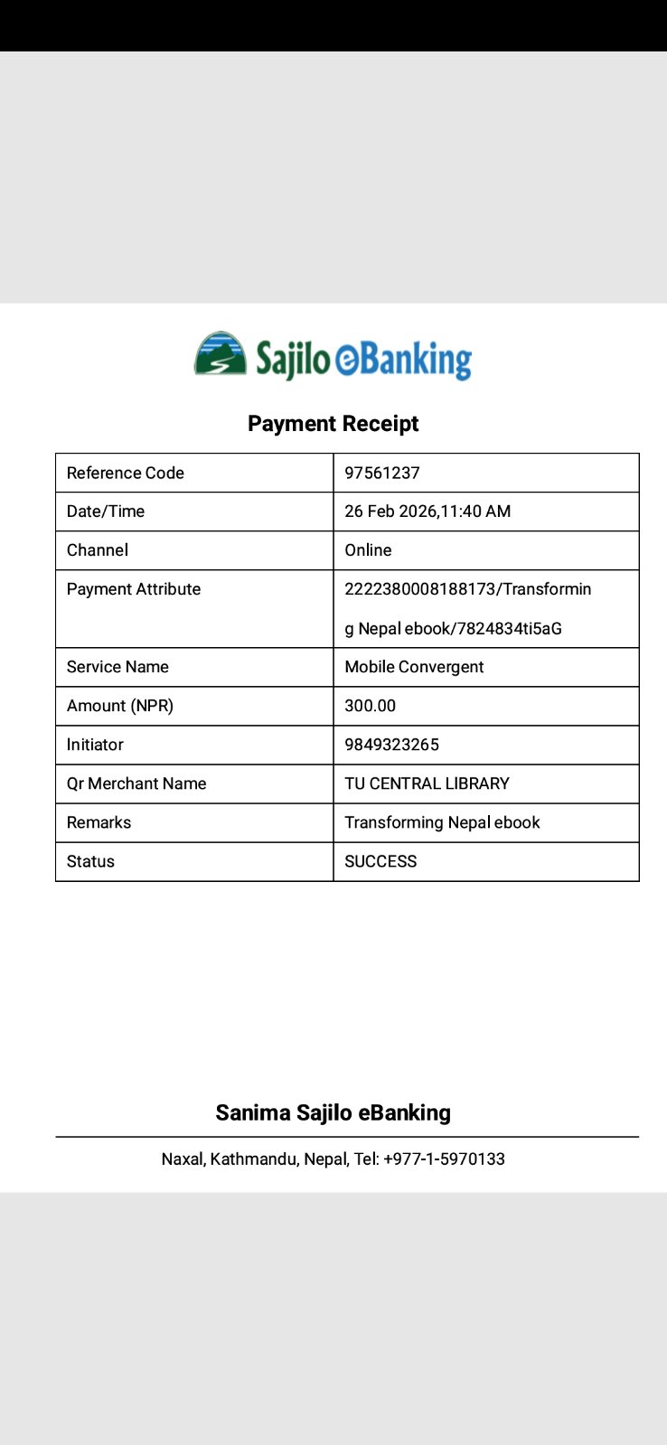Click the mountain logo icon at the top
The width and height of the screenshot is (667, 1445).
click(221, 353)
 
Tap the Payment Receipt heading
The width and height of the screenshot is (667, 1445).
click(333, 424)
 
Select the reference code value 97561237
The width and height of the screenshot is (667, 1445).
click(382, 473)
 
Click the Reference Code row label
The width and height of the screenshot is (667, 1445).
click(126, 473)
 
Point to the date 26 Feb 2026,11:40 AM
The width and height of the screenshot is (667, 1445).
click(427, 511)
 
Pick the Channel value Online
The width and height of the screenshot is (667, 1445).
click(368, 550)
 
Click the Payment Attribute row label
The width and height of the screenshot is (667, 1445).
click(134, 589)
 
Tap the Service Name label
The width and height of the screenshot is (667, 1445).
click(117, 667)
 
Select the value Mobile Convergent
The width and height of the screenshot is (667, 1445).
click(414, 667)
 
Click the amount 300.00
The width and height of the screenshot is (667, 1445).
click(370, 706)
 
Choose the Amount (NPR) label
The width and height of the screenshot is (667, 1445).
click(120, 706)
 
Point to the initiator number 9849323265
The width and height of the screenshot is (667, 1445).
click(391, 745)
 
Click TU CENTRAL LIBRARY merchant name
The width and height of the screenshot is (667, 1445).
click(427, 783)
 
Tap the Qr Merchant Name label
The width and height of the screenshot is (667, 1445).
click(136, 783)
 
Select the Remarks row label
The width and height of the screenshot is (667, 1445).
click(99, 822)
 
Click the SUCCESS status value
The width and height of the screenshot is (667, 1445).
click(380, 861)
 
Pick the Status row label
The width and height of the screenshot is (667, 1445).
click(90, 861)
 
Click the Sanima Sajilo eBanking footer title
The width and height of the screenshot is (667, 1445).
click(333, 1112)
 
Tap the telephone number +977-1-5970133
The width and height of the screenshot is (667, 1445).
click(444, 1159)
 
